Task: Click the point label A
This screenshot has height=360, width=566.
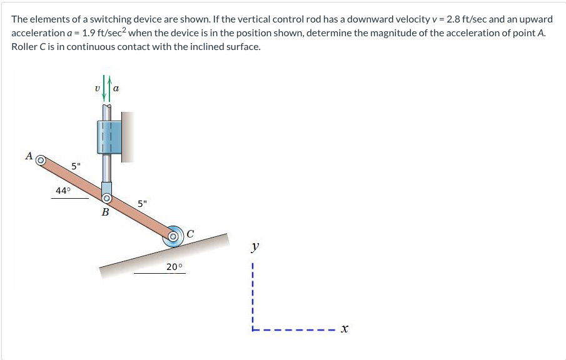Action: pos(28,156)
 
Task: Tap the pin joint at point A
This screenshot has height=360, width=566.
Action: pos(40,161)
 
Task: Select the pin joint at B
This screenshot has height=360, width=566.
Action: pos(106,199)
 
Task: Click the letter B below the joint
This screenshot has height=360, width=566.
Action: pos(105,212)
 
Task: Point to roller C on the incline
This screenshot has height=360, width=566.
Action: pos(173,237)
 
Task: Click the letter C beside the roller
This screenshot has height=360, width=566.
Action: pos(190,234)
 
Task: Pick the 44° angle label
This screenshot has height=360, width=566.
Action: pos(63,191)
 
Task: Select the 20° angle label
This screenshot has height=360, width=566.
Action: pos(175,267)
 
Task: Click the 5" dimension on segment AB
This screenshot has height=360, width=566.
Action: pos(76,166)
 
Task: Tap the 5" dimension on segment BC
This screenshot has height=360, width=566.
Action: pos(143,203)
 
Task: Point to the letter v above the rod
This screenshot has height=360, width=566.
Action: pos(98,89)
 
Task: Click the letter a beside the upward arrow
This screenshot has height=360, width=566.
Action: pos(117,89)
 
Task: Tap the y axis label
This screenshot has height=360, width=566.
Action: pos(253,247)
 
